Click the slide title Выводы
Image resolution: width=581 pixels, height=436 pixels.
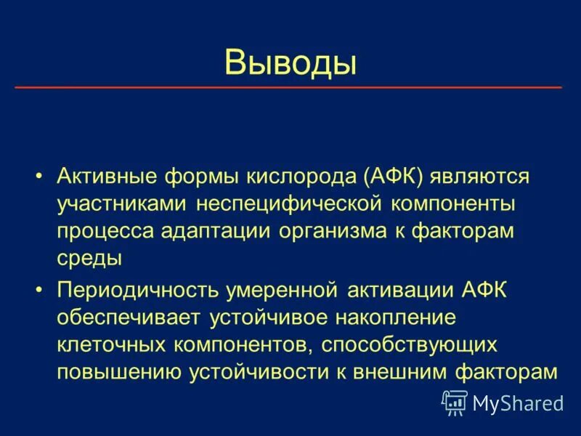290,62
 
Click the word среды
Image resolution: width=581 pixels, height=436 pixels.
89,257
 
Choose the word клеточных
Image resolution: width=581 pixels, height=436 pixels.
108,344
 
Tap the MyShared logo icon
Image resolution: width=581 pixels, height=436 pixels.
454,402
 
